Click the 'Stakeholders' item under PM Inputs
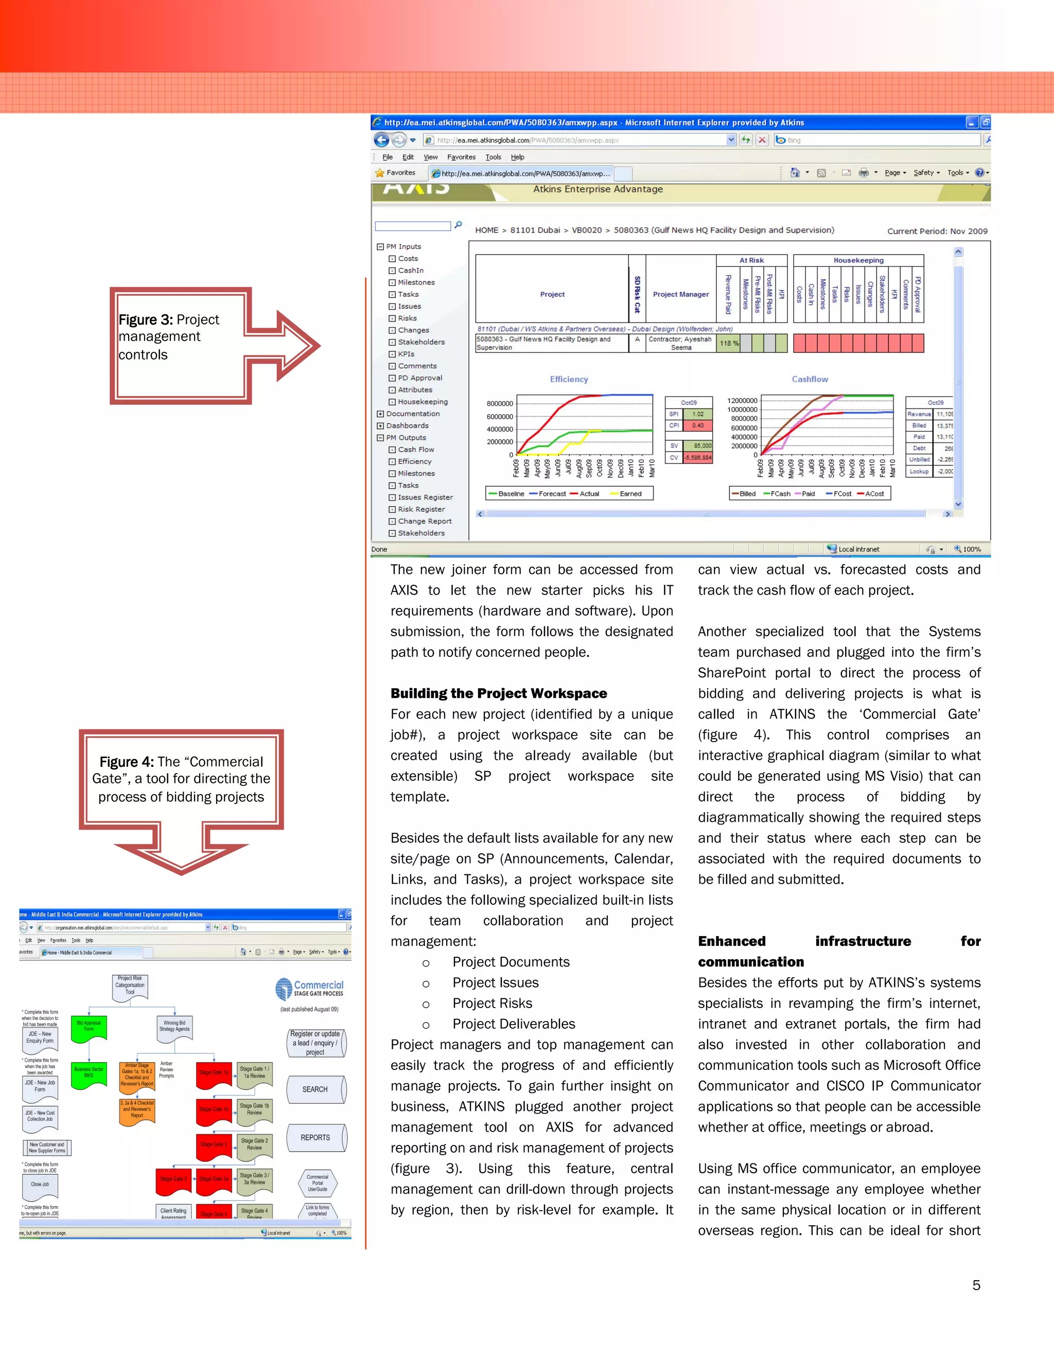pos(421,342)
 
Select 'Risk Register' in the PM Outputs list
pos(421,509)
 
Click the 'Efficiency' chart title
pos(569,379)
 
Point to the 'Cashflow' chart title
pos(810,379)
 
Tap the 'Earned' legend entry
pos(630,494)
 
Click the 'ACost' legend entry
pos(874,494)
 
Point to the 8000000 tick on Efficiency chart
pos(500,403)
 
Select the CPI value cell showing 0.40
pos(697,426)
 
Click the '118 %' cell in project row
pos(729,343)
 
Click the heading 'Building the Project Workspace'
pos(498,693)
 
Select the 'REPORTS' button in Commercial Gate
pos(315,1138)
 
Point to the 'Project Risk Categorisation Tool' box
pos(130,986)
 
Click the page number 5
pos(976,1285)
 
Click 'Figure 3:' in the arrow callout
pos(146,319)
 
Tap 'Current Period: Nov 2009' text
pos(937,231)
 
